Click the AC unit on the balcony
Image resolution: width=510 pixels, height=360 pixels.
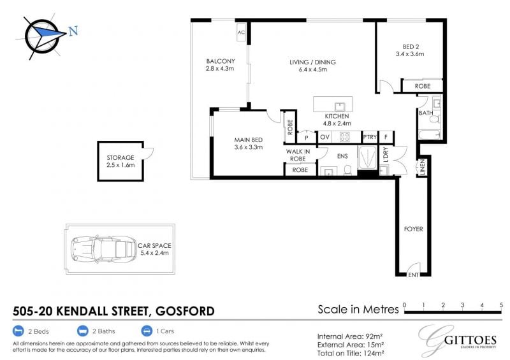tap(241, 32)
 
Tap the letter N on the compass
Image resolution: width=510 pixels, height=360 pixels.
tap(73, 31)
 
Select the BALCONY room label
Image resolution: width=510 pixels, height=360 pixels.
tap(220, 61)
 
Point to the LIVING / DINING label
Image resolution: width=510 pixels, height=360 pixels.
tap(312, 62)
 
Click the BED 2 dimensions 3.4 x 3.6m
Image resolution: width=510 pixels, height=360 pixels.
tap(410, 54)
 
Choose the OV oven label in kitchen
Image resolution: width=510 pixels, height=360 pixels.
tap(324, 137)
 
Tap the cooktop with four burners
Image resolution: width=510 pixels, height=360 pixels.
tap(344, 137)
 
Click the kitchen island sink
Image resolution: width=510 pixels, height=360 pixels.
tap(340, 106)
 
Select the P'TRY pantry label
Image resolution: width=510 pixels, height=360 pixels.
tap(370, 137)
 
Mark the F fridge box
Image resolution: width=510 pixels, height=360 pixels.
tap(386, 137)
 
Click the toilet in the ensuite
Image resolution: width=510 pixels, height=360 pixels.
tap(347, 170)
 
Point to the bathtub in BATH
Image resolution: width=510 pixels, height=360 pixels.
tap(429, 134)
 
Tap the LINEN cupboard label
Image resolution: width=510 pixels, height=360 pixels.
tap(423, 167)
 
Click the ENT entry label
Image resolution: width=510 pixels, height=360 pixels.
tap(413, 275)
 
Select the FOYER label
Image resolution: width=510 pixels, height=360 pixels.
tap(413, 229)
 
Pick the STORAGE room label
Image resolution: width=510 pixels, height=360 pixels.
tap(120, 158)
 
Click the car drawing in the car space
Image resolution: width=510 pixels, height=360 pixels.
tap(104, 249)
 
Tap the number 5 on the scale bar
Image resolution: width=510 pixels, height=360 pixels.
tap(501, 305)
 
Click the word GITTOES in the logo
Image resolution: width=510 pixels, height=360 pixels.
tap(470, 340)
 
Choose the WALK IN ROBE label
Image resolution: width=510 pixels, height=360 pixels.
tap(298, 155)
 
